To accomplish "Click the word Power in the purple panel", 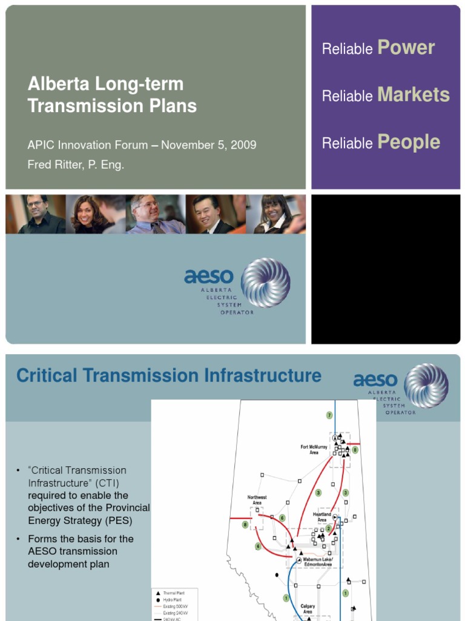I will (406, 48).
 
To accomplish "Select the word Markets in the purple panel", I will (413, 95).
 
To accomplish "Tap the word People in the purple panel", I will (409, 142).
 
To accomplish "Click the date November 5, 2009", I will (208, 145).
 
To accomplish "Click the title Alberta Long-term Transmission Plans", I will (112, 95).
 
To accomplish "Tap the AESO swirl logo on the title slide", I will (266, 283).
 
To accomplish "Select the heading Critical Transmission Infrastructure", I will (169, 375).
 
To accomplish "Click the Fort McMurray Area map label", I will (314, 449).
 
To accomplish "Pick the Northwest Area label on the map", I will (257, 500).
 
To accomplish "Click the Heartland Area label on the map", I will (322, 517).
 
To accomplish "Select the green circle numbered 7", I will (329, 415).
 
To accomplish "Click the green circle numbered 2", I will (329, 528).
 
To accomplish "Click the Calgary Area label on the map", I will (308, 608).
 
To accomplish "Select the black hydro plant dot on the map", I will (277, 574).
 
